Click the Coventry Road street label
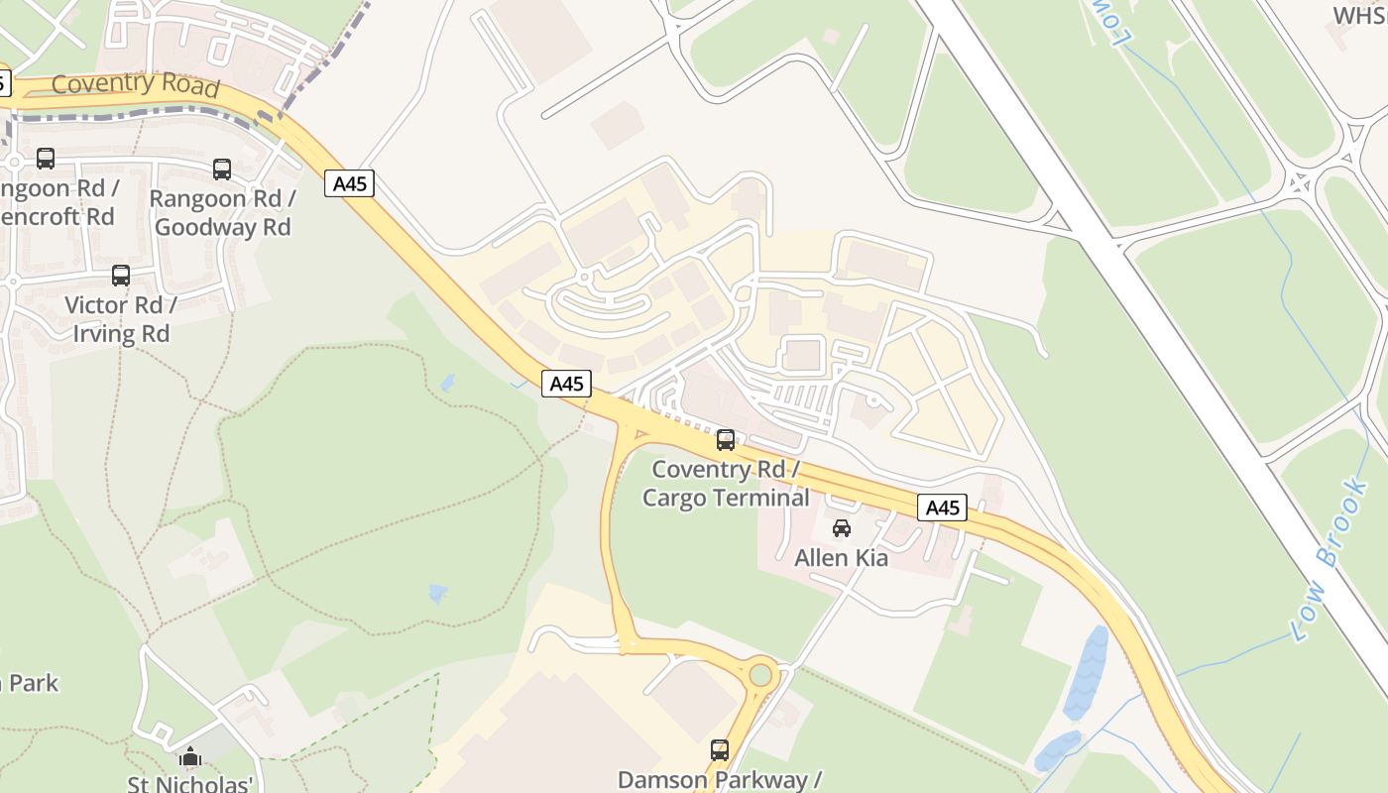coord(135,84)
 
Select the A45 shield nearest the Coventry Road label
coord(349,183)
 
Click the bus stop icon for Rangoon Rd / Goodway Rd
coord(222,170)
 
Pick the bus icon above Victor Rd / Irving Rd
coord(121,276)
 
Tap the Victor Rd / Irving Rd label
coord(121,319)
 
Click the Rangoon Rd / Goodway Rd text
coord(223,212)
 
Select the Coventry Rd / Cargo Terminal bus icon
coord(726,440)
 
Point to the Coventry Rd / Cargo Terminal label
coord(726,483)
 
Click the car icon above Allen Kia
coord(842,528)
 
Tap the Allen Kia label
coord(842,558)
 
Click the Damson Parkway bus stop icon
coord(720,750)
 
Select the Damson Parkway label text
coord(719,779)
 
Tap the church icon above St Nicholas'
coord(190,757)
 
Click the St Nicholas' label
coord(190,784)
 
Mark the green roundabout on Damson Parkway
coord(760,675)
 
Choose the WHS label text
coord(1359,15)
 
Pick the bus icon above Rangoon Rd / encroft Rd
coord(46,159)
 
